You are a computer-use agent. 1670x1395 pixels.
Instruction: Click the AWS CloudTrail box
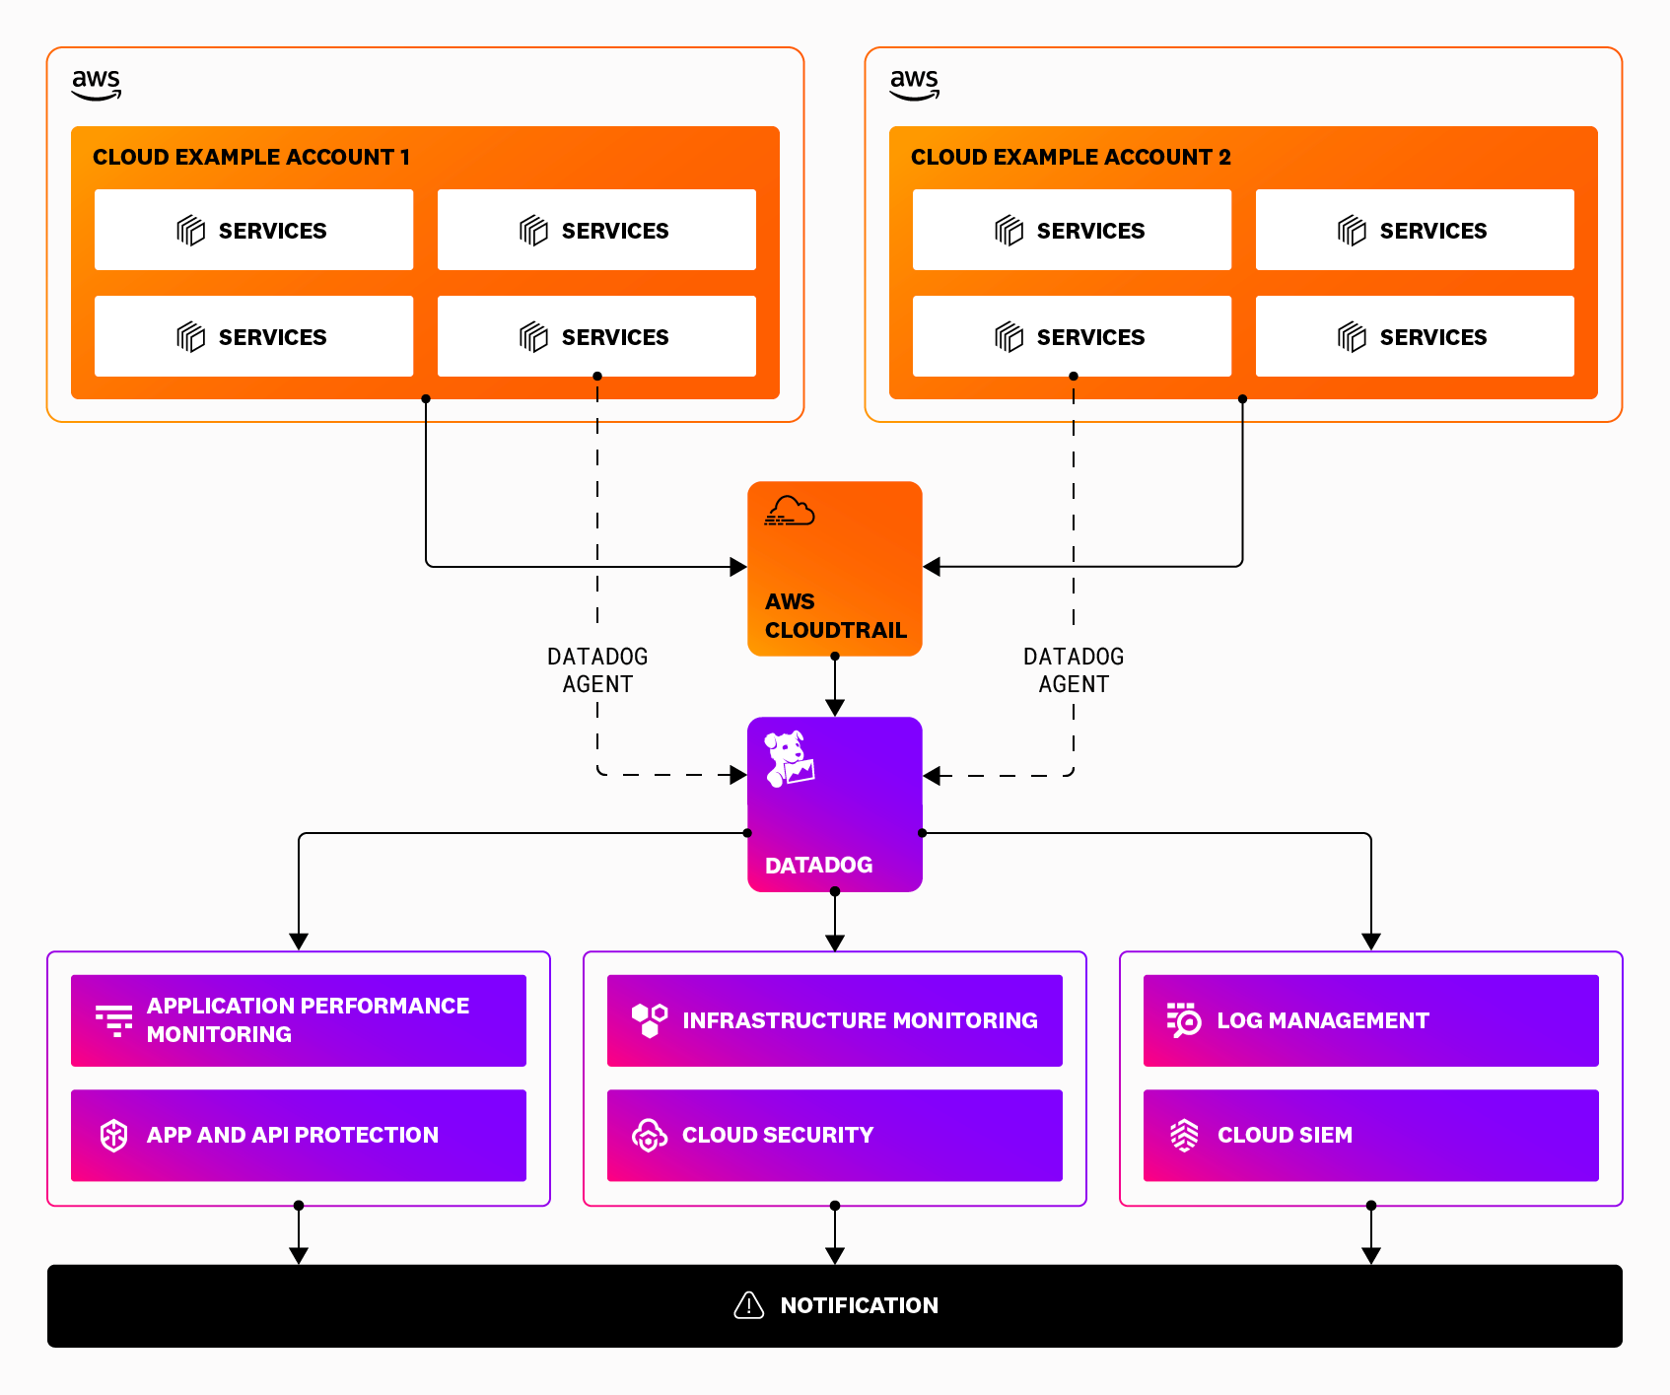[834, 568]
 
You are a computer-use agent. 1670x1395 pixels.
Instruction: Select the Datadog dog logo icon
[790, 758]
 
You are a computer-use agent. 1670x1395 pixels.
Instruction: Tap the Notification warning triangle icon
[749, 1305]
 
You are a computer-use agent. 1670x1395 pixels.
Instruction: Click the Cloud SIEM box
[1370, 1135]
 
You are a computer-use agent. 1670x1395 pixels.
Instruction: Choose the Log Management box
[1370, 1020]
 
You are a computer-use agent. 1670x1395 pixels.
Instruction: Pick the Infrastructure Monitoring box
[834, 1020]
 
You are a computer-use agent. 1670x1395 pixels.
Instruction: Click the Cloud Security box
[834, 1135]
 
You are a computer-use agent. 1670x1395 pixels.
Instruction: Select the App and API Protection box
[298, 1135]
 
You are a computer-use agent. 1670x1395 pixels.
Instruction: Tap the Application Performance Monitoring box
[298, 1020]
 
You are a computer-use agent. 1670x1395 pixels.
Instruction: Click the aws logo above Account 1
[97, 84]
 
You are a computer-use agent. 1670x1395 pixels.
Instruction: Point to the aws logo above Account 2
[915, 84]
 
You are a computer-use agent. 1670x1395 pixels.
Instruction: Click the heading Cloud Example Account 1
[251, 157]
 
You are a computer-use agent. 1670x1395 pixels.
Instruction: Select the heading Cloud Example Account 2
[1071, 157]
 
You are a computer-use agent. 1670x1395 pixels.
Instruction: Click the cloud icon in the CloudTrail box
[790, 512]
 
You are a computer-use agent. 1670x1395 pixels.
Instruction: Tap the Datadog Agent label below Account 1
[597, 670]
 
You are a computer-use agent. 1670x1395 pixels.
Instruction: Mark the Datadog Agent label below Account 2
[1074, 670]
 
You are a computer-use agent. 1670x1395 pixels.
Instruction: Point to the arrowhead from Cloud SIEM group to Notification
[1370, 1256]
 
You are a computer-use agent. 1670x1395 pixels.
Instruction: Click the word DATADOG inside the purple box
[818, 865]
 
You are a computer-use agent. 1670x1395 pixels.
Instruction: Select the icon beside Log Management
[1184, 1020]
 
